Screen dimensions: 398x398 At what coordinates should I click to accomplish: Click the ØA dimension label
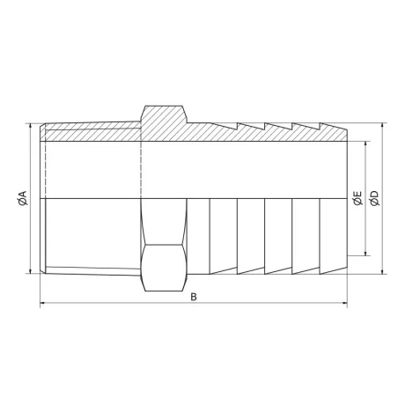tap(23, 199)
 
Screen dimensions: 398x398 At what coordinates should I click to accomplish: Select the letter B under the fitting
tap(194, 297)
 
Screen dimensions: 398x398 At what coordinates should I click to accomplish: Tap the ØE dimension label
tap(357, 199)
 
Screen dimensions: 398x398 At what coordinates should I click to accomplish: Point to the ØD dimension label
tap(374, 199)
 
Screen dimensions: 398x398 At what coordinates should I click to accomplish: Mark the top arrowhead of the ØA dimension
tap(31, 125)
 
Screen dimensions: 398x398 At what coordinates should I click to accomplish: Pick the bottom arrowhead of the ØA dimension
tap(31, 272)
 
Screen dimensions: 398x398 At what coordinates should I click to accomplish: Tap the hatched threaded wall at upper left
tap(88, 133)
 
